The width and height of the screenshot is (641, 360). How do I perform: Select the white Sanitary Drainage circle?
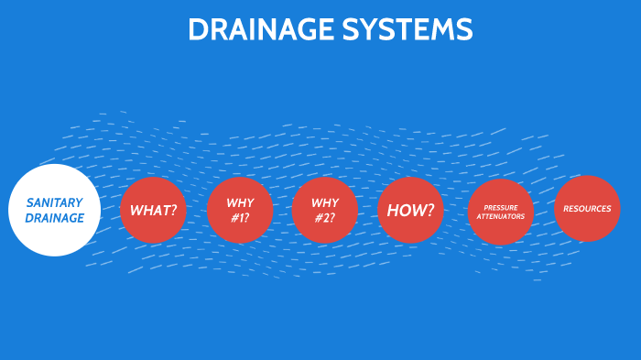tap(55, 210)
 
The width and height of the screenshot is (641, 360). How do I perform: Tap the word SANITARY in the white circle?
tap(55, 202)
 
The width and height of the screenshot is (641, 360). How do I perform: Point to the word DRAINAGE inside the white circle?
tap(55, 218)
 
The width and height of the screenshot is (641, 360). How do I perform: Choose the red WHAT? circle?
tap(153, 210)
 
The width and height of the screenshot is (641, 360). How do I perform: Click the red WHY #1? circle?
tap(240, 210)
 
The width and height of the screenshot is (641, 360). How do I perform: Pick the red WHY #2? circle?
tap(325, 210)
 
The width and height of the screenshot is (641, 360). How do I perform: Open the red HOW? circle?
tap(410, 210)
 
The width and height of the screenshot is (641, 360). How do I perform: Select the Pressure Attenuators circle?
tap(501, 212)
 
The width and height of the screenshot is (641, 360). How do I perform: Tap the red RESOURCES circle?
tap(587, 209)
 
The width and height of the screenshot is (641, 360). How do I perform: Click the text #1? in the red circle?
tap(240, 218)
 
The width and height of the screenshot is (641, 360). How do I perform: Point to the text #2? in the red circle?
tap(325, 218)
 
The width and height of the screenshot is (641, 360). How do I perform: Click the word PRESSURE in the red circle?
tap(501, 207)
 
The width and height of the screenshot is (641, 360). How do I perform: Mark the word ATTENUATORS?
tap(501, 217)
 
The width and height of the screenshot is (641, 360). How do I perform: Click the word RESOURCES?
tap(587, 209)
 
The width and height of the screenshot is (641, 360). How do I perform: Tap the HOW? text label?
tap(410, 210)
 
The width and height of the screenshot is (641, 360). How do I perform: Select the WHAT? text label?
tap(153, 210)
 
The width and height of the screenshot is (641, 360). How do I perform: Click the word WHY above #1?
tap(240, 202)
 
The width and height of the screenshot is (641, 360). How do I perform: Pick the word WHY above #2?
tap(325, 202)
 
